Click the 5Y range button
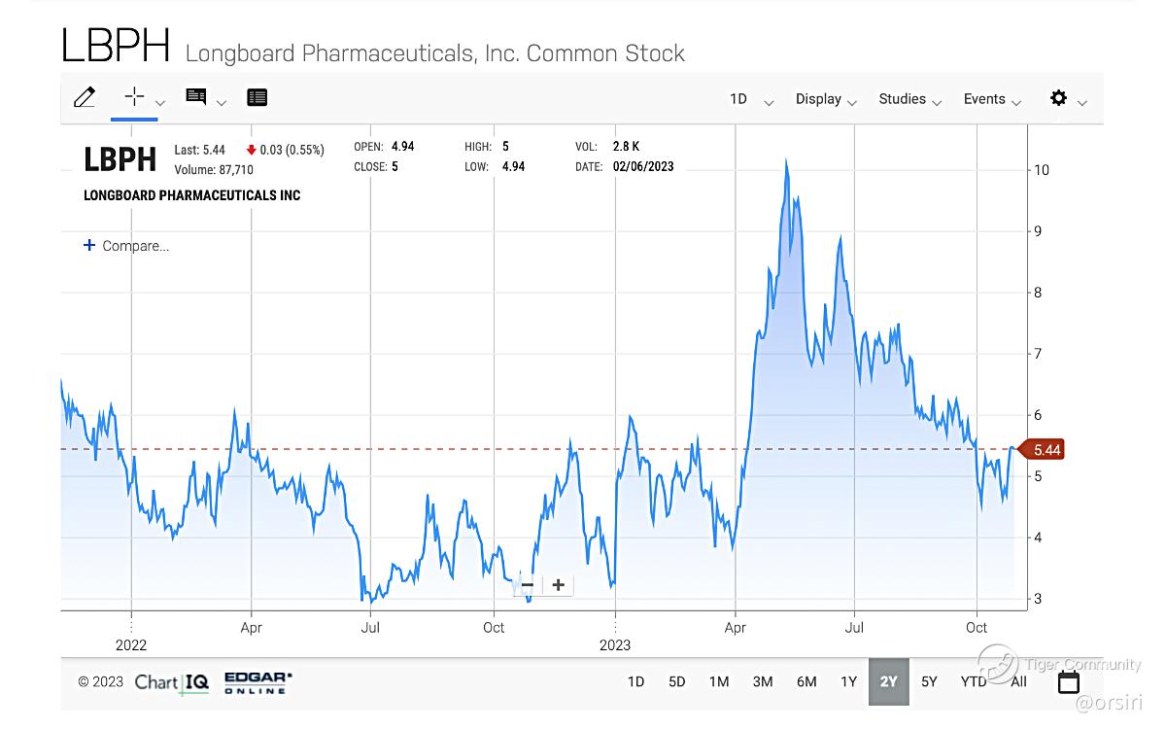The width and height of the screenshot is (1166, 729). pyautogui.click(x=929, y=681)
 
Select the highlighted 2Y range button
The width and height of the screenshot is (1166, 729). pyautogui.click(x=888, y=681)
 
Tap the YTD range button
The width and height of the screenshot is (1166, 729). pyautogui.click(x=974, y=681)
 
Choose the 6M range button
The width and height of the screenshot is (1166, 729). pyautogui.click(x=806, y=681)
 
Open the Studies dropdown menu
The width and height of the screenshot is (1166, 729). pyautogui.click(x=909, y=99)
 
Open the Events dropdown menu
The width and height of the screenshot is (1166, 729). pyautogui.click(x=992, y=99)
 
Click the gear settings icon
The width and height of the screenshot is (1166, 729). pyautogui.click(x=1058, y=98)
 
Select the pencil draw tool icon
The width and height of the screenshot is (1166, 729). pyautogui.click(x=85, y=97)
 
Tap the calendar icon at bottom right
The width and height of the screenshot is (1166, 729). pyautogui.click(x=1069, y=681)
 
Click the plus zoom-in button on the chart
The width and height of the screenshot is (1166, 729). pyautogui.click(x=558, y=585)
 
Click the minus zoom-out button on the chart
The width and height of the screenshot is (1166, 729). pyautogui.click(x=528, y=585)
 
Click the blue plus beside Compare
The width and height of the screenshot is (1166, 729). pyautogui.click(x=89, y=246)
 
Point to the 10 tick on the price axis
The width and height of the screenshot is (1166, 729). pyautogui.click(x=1042, y=170)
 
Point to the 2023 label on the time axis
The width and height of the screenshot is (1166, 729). pyautogui.click(x=615, y=645)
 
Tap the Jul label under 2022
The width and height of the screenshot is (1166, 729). pyautogui.click(x=370, y=628)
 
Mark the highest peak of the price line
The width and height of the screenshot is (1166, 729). pyautogui.click(x=786, y=161)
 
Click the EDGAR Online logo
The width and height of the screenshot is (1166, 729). pyautogui.click(x=257, y=682)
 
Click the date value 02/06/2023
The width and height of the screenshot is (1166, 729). pyautogui.click(x=643, y=167)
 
